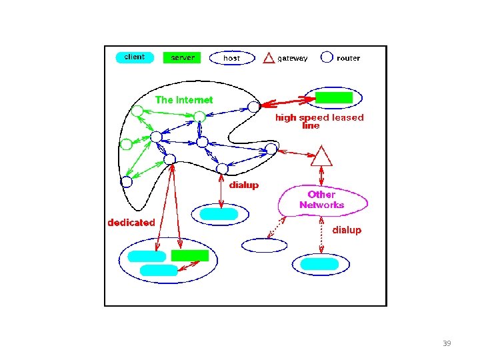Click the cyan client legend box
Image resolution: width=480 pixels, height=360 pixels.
(135, 57)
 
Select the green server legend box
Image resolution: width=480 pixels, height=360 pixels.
(181, 58)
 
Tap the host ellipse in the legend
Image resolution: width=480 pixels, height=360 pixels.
(231, 58)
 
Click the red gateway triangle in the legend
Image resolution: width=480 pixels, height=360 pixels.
(269, 58)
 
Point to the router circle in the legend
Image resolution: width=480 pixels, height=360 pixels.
(327, 57)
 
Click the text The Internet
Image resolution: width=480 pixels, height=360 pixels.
(184, 100)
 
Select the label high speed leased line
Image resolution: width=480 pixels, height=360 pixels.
(319, 121)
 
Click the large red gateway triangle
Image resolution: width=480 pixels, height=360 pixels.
(322, 157)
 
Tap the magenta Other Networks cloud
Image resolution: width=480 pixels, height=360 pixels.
(322, 200)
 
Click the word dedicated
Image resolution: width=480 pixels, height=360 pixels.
(131, 223)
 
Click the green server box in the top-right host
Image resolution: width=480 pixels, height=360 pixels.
(333, 97)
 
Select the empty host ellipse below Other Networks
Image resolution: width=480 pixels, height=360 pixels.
(265, 245)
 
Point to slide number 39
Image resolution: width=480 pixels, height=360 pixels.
(447, 343)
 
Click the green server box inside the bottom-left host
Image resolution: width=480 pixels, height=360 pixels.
(190, 255)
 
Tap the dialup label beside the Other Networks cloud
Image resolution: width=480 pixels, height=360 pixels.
(347, 230)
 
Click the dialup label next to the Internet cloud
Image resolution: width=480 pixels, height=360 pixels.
(244, 185)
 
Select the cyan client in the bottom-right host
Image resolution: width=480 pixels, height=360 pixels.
(319, 265)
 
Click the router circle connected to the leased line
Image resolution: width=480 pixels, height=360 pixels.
(253, 106)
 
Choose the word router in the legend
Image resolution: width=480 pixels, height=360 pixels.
(348, 59)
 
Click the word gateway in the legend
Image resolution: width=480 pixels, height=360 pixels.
(293, 59)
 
